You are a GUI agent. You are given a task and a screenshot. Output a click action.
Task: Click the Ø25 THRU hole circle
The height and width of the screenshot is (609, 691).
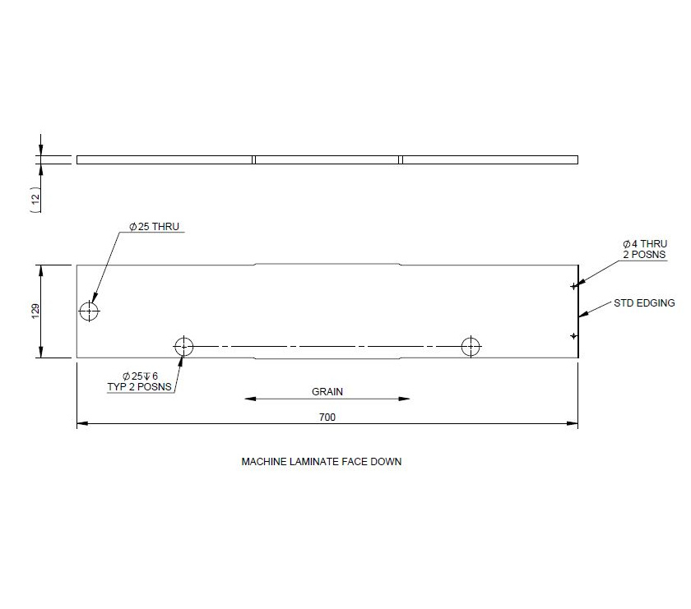pyautogui.click(x=89, y=311)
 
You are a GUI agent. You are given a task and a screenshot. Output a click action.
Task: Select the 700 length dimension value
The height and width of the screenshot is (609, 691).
pyautogui.click(x=327, y=418)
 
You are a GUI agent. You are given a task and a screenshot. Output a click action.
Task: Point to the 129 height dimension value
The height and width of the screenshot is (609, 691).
pyautogui.click(x=35, y=311)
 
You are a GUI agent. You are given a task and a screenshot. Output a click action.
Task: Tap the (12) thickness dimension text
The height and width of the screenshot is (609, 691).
pyautogui.click(x=35, y=200)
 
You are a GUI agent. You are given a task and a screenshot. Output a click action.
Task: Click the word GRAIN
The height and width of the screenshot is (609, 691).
pyautogui.click(x=327, y=392)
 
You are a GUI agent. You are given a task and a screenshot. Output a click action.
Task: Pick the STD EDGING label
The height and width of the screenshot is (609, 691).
pyautogui.click(x=644, y=303)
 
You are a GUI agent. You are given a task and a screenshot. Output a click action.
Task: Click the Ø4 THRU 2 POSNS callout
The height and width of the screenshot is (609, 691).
pyautogui.click(x=644, y=249)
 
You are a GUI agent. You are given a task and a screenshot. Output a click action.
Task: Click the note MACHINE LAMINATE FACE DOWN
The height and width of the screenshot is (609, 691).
pyautogui.click(x=321, y=462)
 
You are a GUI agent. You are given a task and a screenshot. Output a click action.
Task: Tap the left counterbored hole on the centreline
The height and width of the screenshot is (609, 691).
pyautogui.click(x=183, y=346)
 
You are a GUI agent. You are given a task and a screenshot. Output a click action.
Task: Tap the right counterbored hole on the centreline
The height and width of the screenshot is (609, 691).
pyautogui.click(x=471, y=346)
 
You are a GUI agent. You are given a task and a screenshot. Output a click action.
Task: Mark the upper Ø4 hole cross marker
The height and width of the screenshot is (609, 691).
pyautogui.click(x=573, y=286)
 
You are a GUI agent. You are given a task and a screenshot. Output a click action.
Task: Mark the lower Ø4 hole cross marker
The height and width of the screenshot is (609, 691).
pyautogui.click(x=573, y=335)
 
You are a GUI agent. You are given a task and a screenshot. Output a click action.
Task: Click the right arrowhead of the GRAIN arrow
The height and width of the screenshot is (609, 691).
pyautogui.click(x=406, y=399)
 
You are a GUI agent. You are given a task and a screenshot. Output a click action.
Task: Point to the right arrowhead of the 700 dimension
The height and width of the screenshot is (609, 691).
pyautogui.click(x=574, y=424)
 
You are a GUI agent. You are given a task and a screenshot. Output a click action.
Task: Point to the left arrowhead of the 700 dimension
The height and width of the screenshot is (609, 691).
pyautogui.click(x=81, y=424)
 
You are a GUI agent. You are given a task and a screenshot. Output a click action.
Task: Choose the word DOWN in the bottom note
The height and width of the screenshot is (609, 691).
pyautogui.click(x=387, y=462)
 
